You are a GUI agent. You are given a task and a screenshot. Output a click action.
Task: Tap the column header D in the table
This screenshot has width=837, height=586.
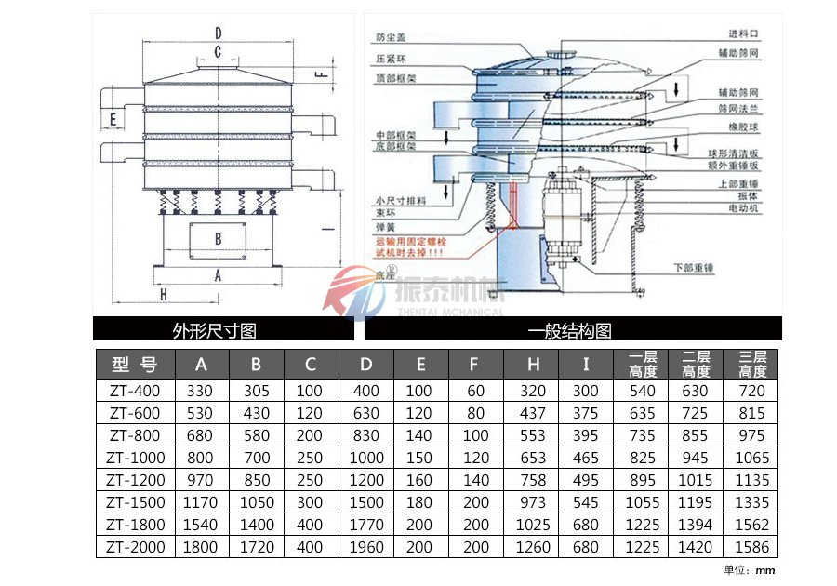366,364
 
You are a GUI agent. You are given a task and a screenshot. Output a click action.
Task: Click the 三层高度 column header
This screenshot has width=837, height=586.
751,364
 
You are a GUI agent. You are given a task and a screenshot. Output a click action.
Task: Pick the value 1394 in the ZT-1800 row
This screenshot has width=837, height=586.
696,525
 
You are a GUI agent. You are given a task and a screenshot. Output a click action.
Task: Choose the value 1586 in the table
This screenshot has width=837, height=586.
751,547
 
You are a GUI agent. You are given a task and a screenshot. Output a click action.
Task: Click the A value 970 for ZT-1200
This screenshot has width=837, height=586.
200,480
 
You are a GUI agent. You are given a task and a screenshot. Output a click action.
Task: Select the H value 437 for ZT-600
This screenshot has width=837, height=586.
533,413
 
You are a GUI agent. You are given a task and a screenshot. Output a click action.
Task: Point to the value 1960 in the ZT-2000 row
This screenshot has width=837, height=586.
366,547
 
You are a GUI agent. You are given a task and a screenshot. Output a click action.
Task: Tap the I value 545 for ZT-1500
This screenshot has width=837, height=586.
587,502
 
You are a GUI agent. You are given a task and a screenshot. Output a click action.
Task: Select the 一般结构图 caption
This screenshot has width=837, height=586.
569,330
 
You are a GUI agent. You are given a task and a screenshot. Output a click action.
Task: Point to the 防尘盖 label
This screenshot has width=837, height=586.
390,38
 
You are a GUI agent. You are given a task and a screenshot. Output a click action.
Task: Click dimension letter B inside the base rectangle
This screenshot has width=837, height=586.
218,239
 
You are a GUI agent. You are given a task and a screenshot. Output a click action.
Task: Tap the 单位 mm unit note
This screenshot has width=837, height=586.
750,570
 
